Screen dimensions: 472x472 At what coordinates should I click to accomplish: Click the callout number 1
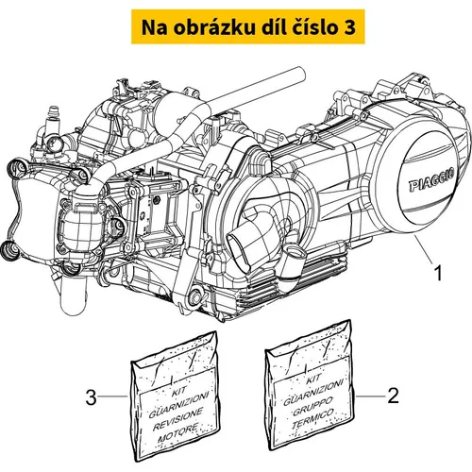click(438, 273)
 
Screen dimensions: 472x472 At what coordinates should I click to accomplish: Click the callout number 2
click(393, 396)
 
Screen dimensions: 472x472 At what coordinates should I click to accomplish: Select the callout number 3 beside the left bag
click(91, 396)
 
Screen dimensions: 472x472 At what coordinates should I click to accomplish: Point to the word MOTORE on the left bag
click(178, 433)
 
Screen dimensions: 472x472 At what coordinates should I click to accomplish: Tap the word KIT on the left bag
click(179, 392)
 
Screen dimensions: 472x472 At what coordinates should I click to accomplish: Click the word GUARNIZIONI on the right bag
click(313, 392)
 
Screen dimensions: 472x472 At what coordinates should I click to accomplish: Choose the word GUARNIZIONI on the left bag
click(178, 405)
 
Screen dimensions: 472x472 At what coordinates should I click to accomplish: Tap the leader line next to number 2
click(370, 396)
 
